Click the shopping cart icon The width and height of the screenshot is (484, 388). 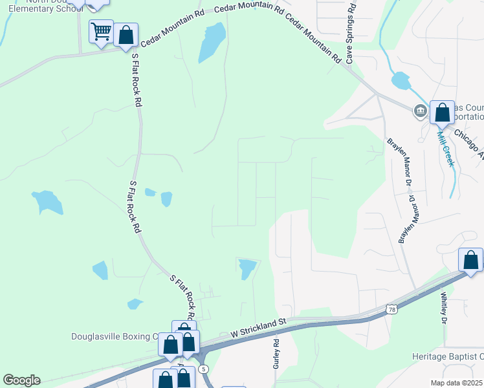click(101, 30)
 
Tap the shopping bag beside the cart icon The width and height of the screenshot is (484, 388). click(126, 35)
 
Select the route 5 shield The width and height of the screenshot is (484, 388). click(204, 369)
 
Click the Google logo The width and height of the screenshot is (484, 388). click(21, 380)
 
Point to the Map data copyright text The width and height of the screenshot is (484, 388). click(456, 383)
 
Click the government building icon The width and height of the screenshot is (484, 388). click(421, 111)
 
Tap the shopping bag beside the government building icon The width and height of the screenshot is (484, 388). click(443, 113)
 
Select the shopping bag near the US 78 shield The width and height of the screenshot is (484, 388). click(470, 260)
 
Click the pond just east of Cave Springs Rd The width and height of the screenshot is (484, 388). click(401, 81)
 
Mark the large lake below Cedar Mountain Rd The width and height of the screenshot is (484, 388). click(212, 43)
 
